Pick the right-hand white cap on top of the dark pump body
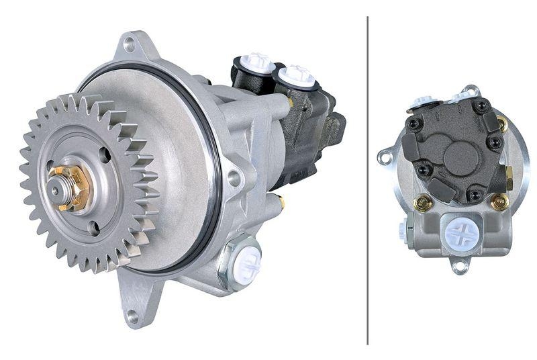tap(296, 75)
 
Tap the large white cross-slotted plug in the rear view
tap(462, 233)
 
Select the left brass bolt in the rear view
tap(422, 202)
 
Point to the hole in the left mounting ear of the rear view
tap(385, 158)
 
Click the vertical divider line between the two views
tap(368, 180)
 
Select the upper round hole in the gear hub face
tap(103, 153)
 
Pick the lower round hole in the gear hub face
tap(93, 227)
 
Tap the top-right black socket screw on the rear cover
tap(481, 106)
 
